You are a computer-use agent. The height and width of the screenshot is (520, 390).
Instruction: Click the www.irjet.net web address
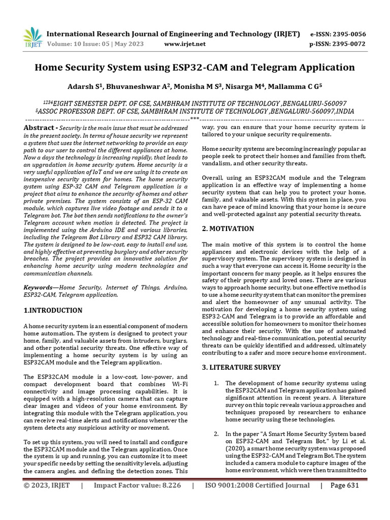point(185,44)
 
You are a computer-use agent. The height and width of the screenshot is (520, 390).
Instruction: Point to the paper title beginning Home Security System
point(194,67)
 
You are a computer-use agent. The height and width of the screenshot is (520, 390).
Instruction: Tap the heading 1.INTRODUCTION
point(53,310)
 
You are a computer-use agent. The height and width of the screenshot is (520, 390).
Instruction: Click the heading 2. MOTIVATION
point(228,229)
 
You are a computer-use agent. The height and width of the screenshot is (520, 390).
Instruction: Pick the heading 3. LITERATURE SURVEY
point(239,367)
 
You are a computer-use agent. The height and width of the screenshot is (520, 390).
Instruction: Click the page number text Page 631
point(345,485)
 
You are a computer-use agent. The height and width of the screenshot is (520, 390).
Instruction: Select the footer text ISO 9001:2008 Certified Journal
point(257,485)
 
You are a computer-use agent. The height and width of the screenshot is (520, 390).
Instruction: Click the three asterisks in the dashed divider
point(194,119)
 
